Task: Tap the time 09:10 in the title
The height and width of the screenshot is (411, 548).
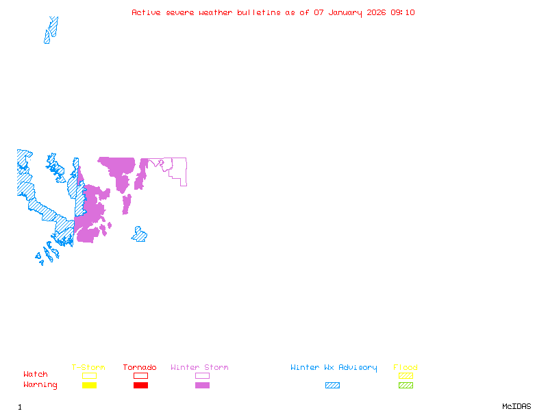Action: (x=402, y=12)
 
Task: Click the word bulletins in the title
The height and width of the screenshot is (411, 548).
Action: (x=258, y=12)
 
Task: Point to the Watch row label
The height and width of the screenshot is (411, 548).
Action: (x=36, y=375)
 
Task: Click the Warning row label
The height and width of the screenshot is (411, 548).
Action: (x=40, y=385)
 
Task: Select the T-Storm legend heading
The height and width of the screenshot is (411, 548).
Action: (x=88, y=368)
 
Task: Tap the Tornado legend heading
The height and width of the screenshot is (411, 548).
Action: (x=140, y=368)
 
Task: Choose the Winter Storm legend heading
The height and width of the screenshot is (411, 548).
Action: (x=199, y=368)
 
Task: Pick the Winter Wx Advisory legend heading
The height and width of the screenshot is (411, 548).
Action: (x=334, y=368)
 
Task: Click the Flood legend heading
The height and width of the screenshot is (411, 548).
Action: (x=406, y=368)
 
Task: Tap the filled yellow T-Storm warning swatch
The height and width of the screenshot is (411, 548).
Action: (x=89, y=385)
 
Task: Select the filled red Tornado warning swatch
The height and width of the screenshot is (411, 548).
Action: (x=140, y=385)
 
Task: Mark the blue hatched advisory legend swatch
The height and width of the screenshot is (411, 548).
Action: (x=332, y=385)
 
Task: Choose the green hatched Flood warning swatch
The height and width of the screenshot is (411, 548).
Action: (x=406, y=385)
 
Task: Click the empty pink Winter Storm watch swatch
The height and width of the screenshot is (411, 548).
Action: (x=202, y=375)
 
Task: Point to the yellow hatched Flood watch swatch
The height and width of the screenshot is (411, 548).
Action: (x=406, y=375)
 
